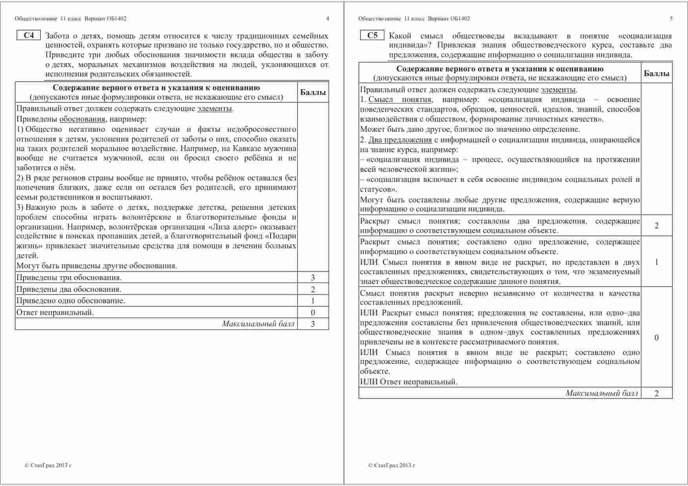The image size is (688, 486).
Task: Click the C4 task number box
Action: pos(29,35)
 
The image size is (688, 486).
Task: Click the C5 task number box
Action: pos(372,35)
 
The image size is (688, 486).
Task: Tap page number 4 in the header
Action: pos(328,18)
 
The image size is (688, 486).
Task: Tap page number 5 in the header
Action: pos(671,18)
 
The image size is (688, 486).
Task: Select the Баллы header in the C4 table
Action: pos(313,93)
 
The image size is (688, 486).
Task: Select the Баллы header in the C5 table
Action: pos(656,73)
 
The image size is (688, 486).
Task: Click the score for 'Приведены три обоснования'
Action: pos(313,278)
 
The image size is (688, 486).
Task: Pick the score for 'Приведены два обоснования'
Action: pos(313,289)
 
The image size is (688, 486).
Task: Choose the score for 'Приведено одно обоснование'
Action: pos(313,301)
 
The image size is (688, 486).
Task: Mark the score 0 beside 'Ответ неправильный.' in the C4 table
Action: pos(313,313)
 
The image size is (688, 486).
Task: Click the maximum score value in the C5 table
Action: pos(656,393)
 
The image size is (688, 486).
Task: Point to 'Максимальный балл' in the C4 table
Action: pos(258,324)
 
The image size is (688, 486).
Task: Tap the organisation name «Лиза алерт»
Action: pos(235,227)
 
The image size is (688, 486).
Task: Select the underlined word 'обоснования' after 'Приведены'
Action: pos(82,119)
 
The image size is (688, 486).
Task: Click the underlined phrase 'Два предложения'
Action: pos(400,140)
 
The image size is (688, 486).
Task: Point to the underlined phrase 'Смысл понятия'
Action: pos(400,100)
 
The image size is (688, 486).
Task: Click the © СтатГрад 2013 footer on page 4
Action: pos(48,466)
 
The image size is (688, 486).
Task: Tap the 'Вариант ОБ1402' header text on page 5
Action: pos(449,18)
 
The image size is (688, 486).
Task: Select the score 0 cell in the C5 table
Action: pos(656,338)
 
